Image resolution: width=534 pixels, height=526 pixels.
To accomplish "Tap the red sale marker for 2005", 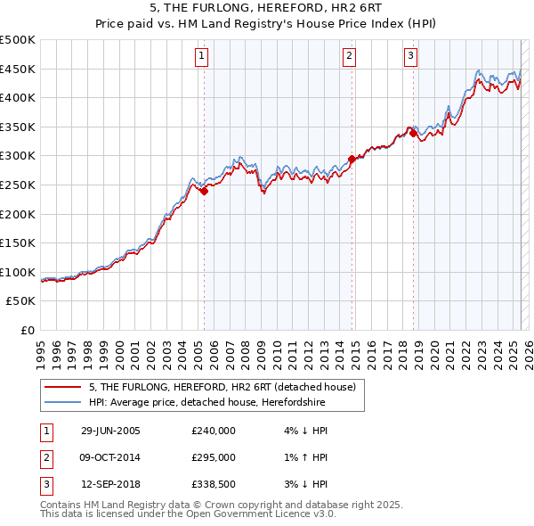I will point(205,190).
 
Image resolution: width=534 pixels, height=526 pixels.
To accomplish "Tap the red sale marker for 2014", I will point(352,159).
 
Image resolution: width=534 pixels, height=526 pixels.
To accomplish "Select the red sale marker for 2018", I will point(413,134).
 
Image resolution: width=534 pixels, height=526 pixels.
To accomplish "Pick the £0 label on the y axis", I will point(28,330).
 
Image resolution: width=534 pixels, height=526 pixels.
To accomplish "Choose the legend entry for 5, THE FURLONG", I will point(222,387).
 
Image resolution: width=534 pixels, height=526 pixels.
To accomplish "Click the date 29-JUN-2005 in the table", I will point(110,431).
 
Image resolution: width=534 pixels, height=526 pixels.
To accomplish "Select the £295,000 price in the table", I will point(214,457).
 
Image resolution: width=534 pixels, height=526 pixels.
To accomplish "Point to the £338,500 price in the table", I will point(214,484).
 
